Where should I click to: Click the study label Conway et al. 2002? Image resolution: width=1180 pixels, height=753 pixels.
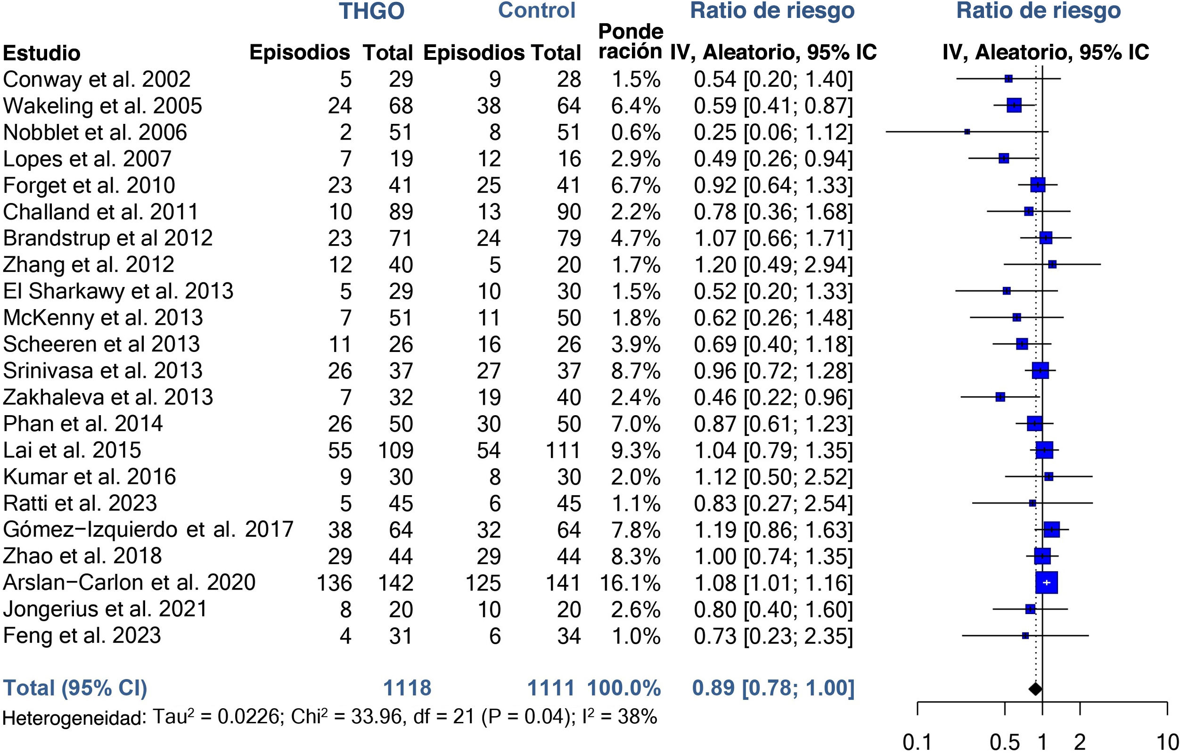(97, 79)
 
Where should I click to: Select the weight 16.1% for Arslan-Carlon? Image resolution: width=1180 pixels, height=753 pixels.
(630, 583)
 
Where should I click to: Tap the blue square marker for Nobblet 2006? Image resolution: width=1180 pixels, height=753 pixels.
(967, 132)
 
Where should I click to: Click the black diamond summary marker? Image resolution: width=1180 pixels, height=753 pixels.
(1035, 688)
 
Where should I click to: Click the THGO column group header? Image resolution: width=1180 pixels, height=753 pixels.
(371, 11)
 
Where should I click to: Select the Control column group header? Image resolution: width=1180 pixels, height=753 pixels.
(537, 11)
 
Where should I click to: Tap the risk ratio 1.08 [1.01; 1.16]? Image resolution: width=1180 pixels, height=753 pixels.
(773, 583)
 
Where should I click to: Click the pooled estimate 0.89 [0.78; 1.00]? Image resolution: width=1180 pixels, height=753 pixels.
(773, 688)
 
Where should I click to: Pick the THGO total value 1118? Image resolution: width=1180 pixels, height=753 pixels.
(407, 688)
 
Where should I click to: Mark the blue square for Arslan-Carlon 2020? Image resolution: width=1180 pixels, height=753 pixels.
(1047, 582)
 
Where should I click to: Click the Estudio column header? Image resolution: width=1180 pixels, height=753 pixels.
(41, 53)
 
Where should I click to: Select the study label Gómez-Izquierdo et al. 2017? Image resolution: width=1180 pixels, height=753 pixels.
(148, 530)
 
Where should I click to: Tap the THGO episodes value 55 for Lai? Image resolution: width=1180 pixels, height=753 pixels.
(340, 450)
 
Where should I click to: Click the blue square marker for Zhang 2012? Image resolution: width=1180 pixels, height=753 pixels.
(1052, 264)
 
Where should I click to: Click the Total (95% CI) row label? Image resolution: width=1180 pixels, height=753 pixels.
(75, 688)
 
